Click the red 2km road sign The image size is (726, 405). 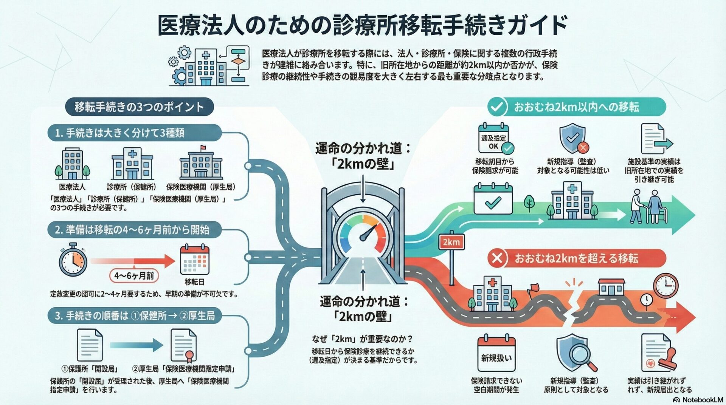click(x=451, y=242)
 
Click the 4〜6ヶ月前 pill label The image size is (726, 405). click(x=134, y=276)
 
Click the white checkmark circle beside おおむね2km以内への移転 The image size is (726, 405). click(x=496, y=107)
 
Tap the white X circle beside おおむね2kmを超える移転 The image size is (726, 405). click(x=497, y=258)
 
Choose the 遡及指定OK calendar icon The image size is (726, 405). click(x=494, y=139)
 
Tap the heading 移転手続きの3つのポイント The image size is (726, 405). click(x=139, y=107)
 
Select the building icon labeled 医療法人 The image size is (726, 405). click(x=72, y=164)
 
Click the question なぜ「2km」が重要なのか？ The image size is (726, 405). click(x=362, y=339)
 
